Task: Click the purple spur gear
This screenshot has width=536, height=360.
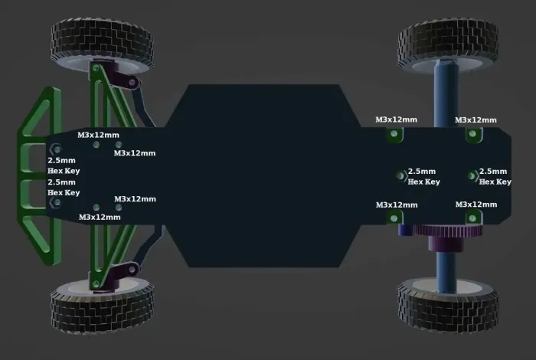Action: click(448, 230)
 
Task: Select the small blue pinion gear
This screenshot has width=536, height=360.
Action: click(405, 230)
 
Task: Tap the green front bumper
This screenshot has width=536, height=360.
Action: click(38, 176)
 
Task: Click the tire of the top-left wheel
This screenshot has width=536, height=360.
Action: click(102, 44)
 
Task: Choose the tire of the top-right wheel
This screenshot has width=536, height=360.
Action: click(448, 44)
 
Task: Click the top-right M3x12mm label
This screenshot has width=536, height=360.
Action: click(476, 120)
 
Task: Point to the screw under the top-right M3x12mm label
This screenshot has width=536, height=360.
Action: click(472, 134)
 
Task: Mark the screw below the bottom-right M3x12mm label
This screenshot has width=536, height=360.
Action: click(472, 218)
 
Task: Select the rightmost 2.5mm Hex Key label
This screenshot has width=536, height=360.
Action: click(495, 176)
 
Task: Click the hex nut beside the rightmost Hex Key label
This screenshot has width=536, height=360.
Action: click(472, 176)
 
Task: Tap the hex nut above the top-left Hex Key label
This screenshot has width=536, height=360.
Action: click(56, 149)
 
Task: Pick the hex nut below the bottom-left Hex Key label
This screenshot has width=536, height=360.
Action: click(56, 203)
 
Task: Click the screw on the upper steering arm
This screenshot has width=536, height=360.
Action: click(132, 83)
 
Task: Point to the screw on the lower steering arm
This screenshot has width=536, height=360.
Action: click(132, 270)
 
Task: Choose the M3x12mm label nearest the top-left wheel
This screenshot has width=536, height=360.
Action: click(99, 135)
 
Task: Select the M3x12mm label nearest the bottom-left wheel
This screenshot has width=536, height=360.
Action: click(100, 217)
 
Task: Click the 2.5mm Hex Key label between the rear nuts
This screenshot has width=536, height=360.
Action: click(423, 176)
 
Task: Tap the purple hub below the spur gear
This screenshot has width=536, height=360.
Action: click(446, 244)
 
